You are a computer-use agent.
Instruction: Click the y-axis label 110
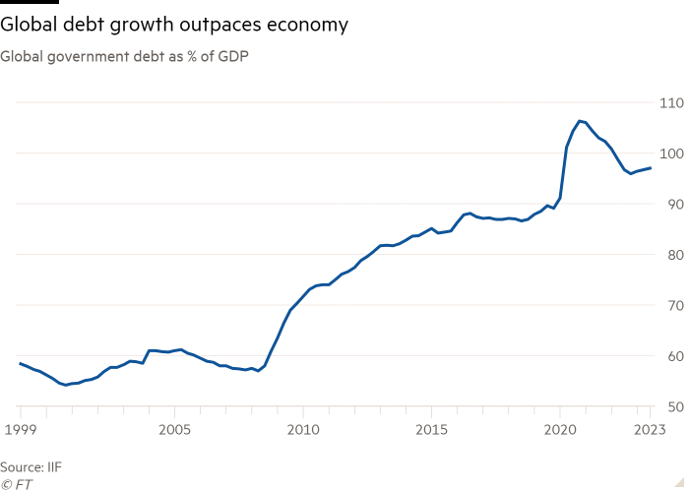[x=671, y=102]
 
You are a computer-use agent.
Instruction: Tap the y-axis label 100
[x=671, y=154]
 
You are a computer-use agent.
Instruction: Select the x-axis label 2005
[x=174, y=429]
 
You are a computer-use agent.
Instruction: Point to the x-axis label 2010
[x=303, y=429]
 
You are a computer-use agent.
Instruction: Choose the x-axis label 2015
[x=431, y=429]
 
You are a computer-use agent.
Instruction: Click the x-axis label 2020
[x=560, y=429]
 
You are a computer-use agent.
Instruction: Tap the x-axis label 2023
[x=651, y=429]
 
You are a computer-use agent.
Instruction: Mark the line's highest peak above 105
[x=581, y=120]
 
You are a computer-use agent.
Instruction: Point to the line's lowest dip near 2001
[x=65, y=385]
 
